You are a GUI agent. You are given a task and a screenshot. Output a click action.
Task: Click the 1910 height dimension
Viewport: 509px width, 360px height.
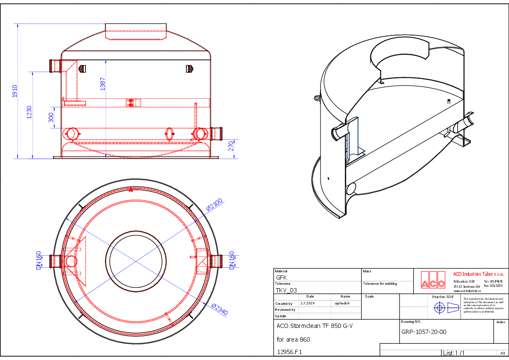[x=15, y=91]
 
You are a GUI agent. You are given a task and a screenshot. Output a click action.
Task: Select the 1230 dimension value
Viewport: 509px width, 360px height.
[x=29, y=112]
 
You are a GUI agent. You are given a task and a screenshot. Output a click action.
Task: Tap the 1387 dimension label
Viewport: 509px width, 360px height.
[x=103, y=84]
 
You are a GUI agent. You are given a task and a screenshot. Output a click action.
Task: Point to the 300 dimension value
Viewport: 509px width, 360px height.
[x=51, y=118]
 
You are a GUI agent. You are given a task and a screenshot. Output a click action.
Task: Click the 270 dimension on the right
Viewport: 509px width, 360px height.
[x=231, y=146]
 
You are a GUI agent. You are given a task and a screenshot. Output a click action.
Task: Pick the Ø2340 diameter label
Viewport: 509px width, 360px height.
[x=220, y=310]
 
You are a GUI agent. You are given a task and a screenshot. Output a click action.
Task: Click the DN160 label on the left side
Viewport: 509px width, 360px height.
[x=38, y=260]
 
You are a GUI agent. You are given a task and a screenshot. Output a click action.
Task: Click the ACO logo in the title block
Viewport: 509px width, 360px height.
[x=431, y=280]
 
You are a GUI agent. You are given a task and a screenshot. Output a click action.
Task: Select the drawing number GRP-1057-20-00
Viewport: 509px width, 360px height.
[x=424, y=332]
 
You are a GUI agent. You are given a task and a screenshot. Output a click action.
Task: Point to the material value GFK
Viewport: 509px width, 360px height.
[x=282, y=277]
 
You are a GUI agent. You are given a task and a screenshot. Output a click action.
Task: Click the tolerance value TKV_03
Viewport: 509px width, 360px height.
[x=286, y=290]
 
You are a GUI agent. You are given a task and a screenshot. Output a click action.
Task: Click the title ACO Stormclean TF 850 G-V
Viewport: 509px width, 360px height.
[x=315, y=326]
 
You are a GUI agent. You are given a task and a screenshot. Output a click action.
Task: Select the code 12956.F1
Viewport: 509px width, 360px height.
[x=289, y=352]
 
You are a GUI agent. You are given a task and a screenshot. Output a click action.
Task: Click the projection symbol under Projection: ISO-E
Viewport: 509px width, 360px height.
[x=447, y=307]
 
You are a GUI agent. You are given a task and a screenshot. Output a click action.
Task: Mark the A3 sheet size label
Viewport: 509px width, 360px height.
[x=503, y=353]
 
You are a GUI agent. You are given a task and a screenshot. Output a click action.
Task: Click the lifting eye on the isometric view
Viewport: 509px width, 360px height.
[x=317, y=98]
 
